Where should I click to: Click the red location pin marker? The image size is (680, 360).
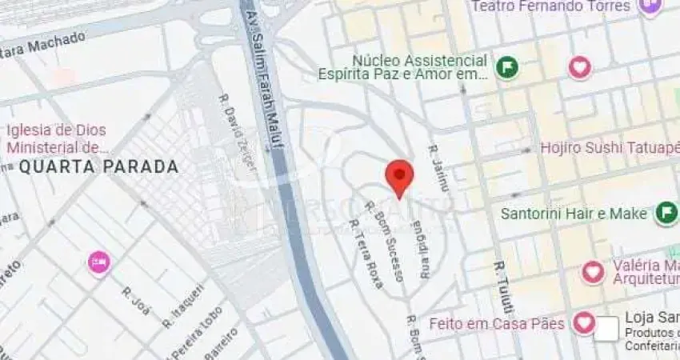tap(399, 176)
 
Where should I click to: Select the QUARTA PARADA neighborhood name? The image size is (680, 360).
tap(98, 167)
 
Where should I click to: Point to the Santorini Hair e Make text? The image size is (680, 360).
tap(574, 214)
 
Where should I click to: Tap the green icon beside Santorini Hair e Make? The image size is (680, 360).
tap(666, 213)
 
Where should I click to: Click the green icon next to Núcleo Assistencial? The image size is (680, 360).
tap(506, 67)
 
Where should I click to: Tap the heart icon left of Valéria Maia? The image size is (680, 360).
tap(593, 272)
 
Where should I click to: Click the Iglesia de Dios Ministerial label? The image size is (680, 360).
tap(57, 138)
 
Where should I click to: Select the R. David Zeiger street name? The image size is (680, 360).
tap(238, 133)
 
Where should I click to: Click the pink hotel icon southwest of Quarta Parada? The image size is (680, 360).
tap(99, 262)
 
